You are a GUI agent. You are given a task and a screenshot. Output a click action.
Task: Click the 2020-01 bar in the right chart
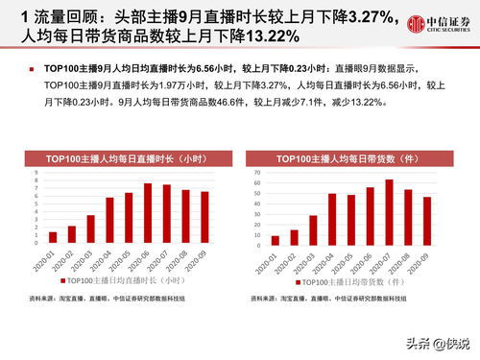[276, 240]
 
